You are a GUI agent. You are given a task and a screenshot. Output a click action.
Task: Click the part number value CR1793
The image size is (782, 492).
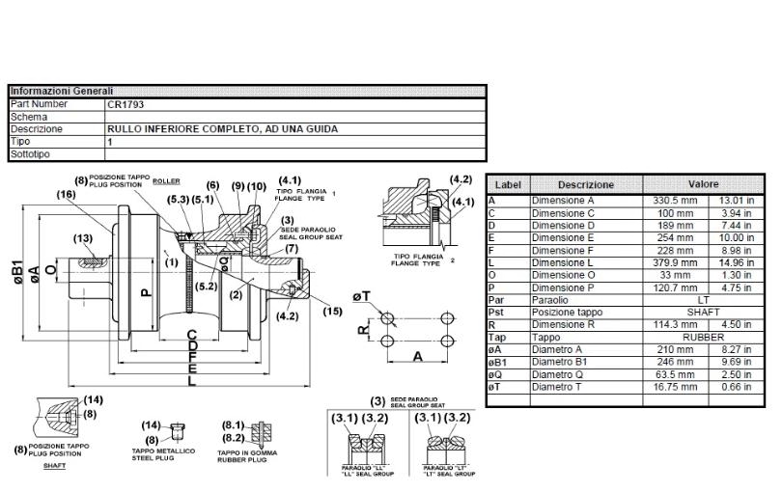(126, 103)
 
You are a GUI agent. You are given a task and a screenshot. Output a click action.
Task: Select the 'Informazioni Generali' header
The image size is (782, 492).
(62, 91)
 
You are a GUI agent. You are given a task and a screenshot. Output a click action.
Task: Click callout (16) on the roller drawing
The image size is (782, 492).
(66, 194)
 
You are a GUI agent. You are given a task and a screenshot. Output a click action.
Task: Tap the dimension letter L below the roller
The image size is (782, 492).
(192, 380)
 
